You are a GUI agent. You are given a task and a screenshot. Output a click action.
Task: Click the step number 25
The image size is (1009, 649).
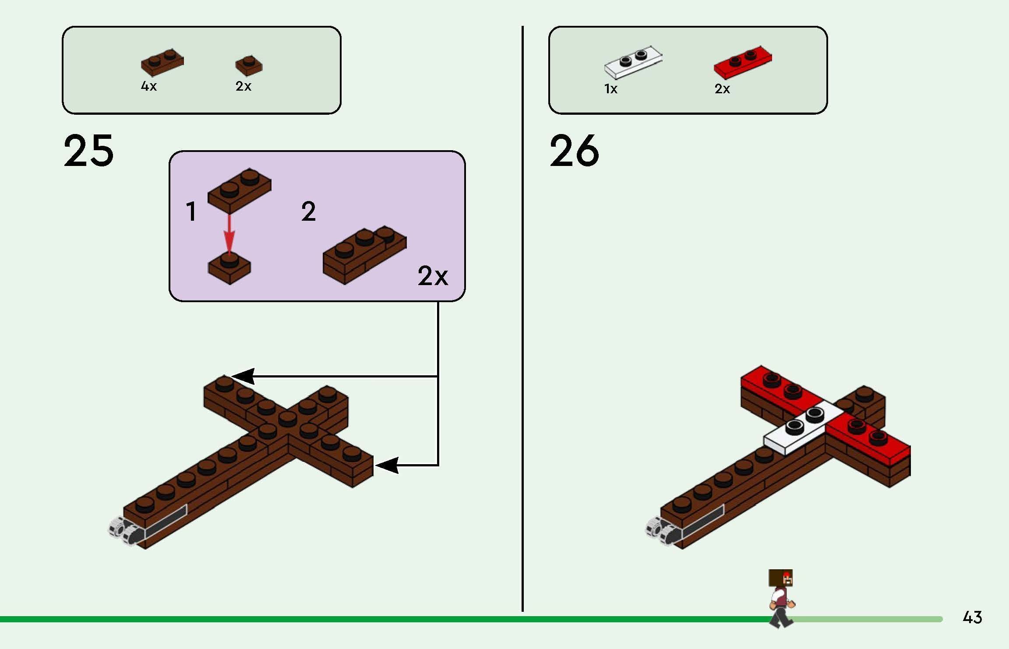coord(88,151)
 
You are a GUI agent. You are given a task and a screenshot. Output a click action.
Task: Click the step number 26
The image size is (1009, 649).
coord(574,151)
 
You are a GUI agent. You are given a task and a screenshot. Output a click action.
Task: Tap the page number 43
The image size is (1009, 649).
coord(972,617)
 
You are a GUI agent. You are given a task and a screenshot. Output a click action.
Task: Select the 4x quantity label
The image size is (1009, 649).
coord(148,86)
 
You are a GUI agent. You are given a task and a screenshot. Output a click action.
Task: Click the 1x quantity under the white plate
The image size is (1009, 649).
coord(610,89)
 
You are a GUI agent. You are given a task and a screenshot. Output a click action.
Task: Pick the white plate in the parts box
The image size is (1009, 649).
coord(633,62)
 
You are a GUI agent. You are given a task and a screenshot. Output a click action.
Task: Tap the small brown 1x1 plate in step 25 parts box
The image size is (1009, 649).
coord(249,65)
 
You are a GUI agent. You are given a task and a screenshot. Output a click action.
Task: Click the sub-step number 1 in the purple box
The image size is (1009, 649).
coord(191,212)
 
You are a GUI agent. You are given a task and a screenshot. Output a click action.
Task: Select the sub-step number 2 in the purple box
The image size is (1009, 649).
coord(308,212)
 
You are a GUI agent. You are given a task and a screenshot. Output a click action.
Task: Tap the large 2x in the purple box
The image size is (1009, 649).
coord(432,276)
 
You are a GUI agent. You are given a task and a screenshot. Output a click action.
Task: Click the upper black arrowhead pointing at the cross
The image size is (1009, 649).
coord(243,376)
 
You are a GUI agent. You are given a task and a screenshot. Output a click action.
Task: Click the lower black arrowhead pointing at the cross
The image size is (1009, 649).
coord(387,465)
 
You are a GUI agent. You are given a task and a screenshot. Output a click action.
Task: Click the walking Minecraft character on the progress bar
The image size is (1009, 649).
coord(782,598)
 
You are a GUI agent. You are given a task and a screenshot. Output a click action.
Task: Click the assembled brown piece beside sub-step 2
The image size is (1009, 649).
coord(364,254)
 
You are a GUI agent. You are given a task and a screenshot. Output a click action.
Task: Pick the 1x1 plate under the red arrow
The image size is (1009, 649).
coord(229,268)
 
